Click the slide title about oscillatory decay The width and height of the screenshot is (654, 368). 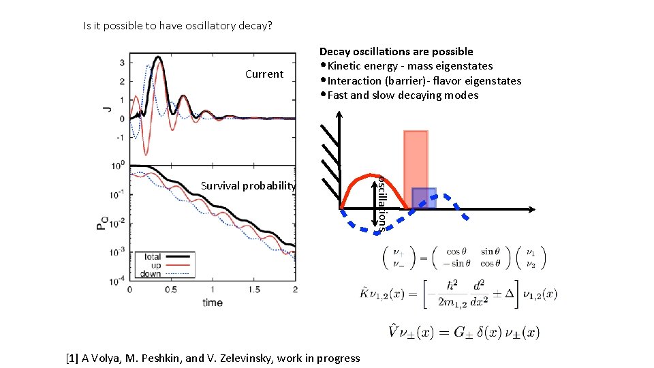point(177,26)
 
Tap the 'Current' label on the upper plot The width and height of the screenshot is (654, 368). point(264,74)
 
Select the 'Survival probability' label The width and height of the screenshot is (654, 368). point(248,185)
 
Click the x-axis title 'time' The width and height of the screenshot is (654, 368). point(213,302)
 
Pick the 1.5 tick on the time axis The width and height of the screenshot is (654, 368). point(253,290)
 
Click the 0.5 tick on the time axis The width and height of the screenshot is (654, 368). point(171,290)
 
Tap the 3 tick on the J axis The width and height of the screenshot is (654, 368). point(121,63)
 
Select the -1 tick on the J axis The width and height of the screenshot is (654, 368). point(119,137)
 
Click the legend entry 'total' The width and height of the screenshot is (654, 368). point(153,257)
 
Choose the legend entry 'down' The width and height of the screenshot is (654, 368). point(151,274)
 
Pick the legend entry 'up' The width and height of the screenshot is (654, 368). point(156,266)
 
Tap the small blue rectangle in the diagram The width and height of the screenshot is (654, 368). point(424,198)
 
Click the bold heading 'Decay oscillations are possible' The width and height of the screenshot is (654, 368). point(396,52)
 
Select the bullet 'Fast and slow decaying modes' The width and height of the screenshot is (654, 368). point(403,95)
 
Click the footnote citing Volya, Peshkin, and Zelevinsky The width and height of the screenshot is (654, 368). point(213,358)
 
